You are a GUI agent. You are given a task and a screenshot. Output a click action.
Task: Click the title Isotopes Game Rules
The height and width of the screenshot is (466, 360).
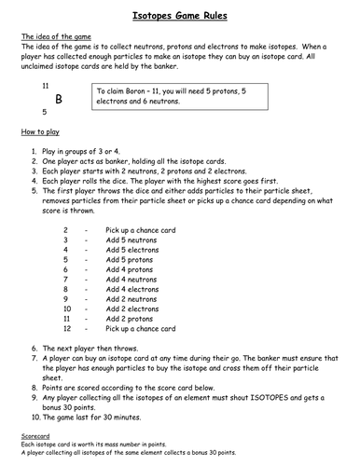click(179, 16)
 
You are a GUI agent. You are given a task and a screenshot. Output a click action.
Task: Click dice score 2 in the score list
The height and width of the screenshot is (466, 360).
click(65, 228)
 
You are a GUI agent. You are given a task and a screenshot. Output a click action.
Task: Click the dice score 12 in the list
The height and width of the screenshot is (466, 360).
click(67, 329)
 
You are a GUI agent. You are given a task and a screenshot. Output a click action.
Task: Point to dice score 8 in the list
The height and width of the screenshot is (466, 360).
click(65, 289)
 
